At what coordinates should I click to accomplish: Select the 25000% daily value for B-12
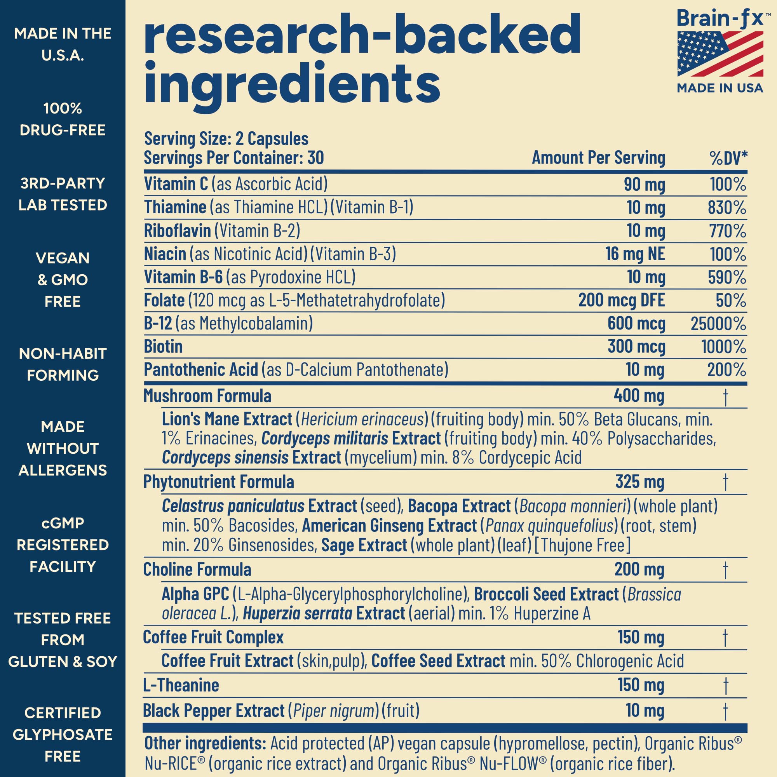point(718,324)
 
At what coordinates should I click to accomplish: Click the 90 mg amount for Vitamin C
point(644,185)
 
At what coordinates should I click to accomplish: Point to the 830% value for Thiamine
point(727,208)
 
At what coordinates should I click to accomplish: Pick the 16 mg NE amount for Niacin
point(635,254)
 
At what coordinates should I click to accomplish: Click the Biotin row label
point(163,347)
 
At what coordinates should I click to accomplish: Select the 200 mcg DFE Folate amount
point(621,300)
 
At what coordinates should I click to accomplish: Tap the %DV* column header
point(728,158)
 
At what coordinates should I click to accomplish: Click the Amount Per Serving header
point(598,158)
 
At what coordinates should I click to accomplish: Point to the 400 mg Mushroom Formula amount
point(639,396)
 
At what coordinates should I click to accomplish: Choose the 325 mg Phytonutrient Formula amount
point(639,482)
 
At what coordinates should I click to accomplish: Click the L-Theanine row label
point(181,685)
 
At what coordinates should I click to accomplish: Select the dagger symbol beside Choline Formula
point(725,570)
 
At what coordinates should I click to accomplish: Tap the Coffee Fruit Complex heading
point(213,638)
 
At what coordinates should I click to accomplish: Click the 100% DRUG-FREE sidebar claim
point(63,119)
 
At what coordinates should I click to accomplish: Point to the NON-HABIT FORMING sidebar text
point(63,364)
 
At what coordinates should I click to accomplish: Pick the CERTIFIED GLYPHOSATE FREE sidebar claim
point(63,735)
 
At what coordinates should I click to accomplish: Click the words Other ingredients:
point(205,744)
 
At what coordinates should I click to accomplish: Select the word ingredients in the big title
point(292,82)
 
